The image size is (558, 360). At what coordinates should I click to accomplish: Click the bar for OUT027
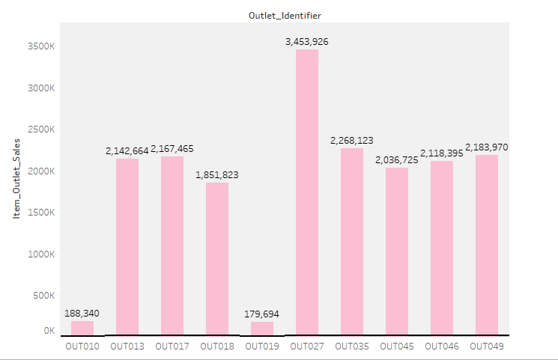tap(307, 192)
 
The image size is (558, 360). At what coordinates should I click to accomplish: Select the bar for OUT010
tap(82, 328)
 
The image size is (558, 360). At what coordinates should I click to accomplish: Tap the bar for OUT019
tap(262, 328)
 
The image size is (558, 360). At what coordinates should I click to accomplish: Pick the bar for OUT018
tap(217, 258)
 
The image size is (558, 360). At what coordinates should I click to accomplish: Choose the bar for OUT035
tap(352, 241)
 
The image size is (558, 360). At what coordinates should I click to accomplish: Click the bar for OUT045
tap(397, 251)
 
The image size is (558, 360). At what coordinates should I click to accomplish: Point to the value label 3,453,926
tap(307, 42)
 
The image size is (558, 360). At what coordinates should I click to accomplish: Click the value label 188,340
tap(82, 314)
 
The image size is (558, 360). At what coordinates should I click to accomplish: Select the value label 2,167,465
tap(172, 149)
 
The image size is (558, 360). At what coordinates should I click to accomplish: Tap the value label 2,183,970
tap(487, 147)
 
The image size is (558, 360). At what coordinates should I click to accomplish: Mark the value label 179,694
tap(262, 314)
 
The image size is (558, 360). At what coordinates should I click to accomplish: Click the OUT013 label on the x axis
tap(127, 347)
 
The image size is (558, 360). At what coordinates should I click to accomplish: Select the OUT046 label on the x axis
tap(442, 347)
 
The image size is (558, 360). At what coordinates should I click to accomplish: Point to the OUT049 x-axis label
tap(487, 347)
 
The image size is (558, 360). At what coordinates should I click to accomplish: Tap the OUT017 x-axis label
tap(172, 347)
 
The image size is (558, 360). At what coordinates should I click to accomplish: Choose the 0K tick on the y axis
tap(49, 331)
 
